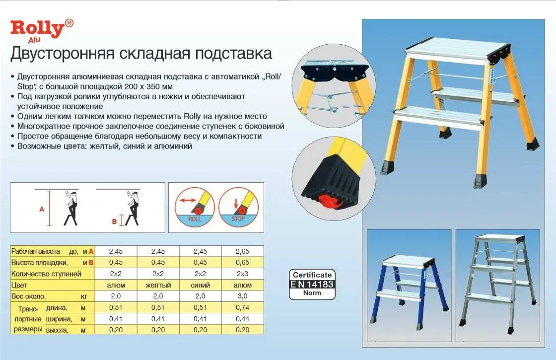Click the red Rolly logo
point(38,28)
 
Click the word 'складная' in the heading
point(149,54)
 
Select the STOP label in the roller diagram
point(238,217)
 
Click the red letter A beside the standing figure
point(42,210)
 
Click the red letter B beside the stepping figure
point(114,222)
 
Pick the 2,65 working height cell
point(243,251)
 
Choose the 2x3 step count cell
point(243,274)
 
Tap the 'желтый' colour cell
point(158,285)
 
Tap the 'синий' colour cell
point(201,285)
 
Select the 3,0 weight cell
point(243,296)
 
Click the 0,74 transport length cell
point(243,308)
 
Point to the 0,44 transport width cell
point(243,319)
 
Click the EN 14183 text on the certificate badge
point(312,284)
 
